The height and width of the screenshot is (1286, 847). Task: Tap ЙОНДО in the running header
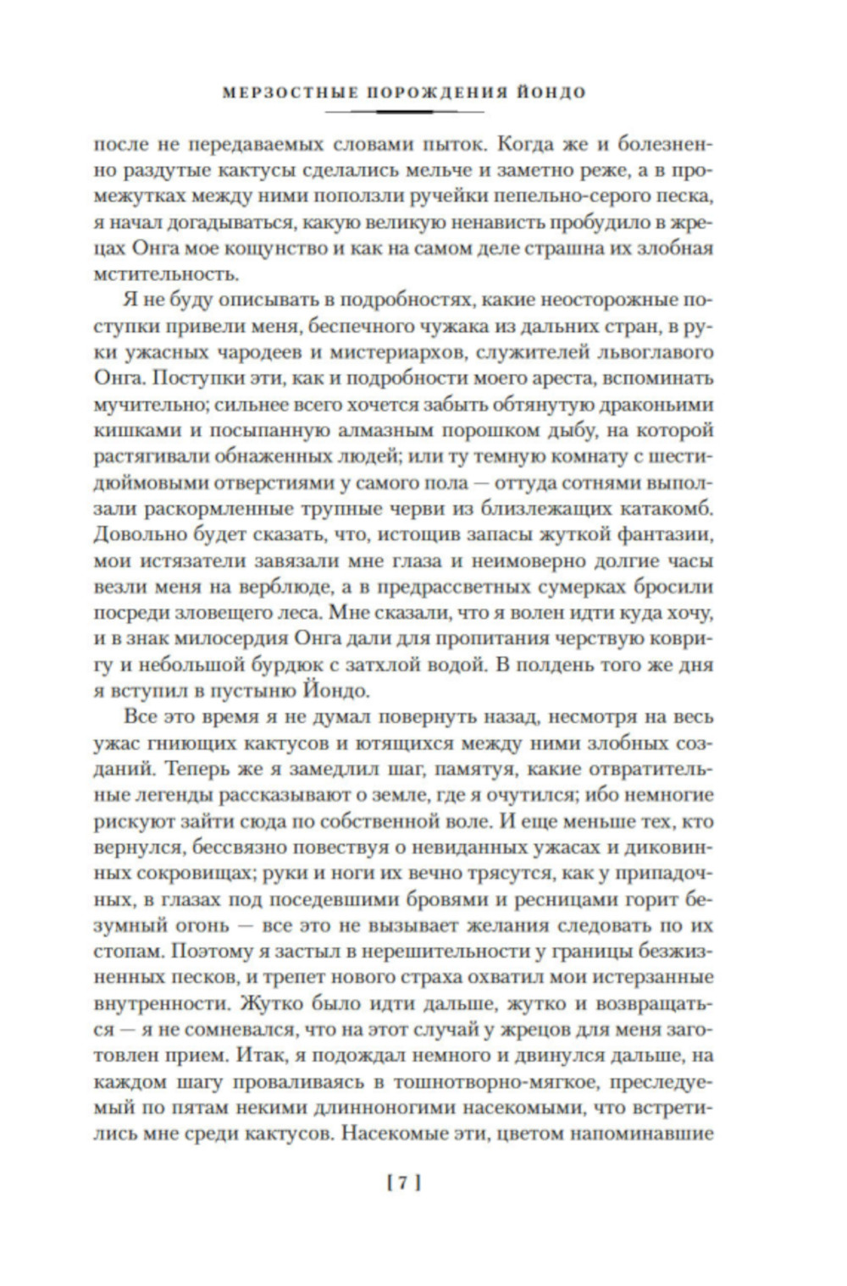click(556, 92)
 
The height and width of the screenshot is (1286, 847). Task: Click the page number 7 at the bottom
click(404, 1184)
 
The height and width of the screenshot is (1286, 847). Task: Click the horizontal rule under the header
click(404, 112)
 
